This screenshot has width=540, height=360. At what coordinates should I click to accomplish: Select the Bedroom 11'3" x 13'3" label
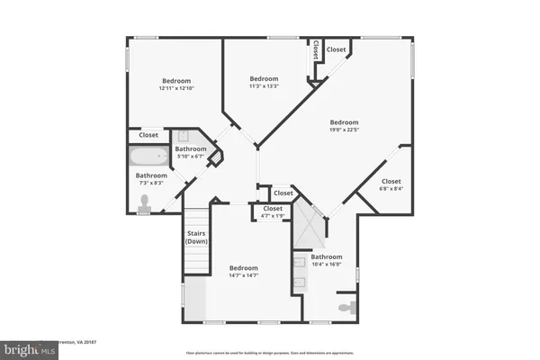point(264,81)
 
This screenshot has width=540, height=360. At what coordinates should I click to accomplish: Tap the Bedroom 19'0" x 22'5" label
point(344,126)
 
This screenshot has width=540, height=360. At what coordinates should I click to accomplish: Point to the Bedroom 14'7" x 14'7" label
point(243,271)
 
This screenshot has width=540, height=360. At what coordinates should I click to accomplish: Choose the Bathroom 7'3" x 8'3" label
point(151,178)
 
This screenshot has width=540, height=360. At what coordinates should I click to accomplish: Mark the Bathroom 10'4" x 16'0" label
point(326,260)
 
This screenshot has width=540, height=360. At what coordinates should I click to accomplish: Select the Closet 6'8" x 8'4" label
point(391,184)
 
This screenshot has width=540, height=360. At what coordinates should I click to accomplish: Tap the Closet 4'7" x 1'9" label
point(273,212)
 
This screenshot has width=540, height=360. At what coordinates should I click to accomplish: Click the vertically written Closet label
point(316,52)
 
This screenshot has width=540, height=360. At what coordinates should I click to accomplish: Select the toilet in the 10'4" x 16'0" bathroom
point(346,308)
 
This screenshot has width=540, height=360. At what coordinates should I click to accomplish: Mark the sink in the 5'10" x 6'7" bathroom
point(183,137)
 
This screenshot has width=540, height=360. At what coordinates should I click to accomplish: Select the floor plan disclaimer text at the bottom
point(270,353)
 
